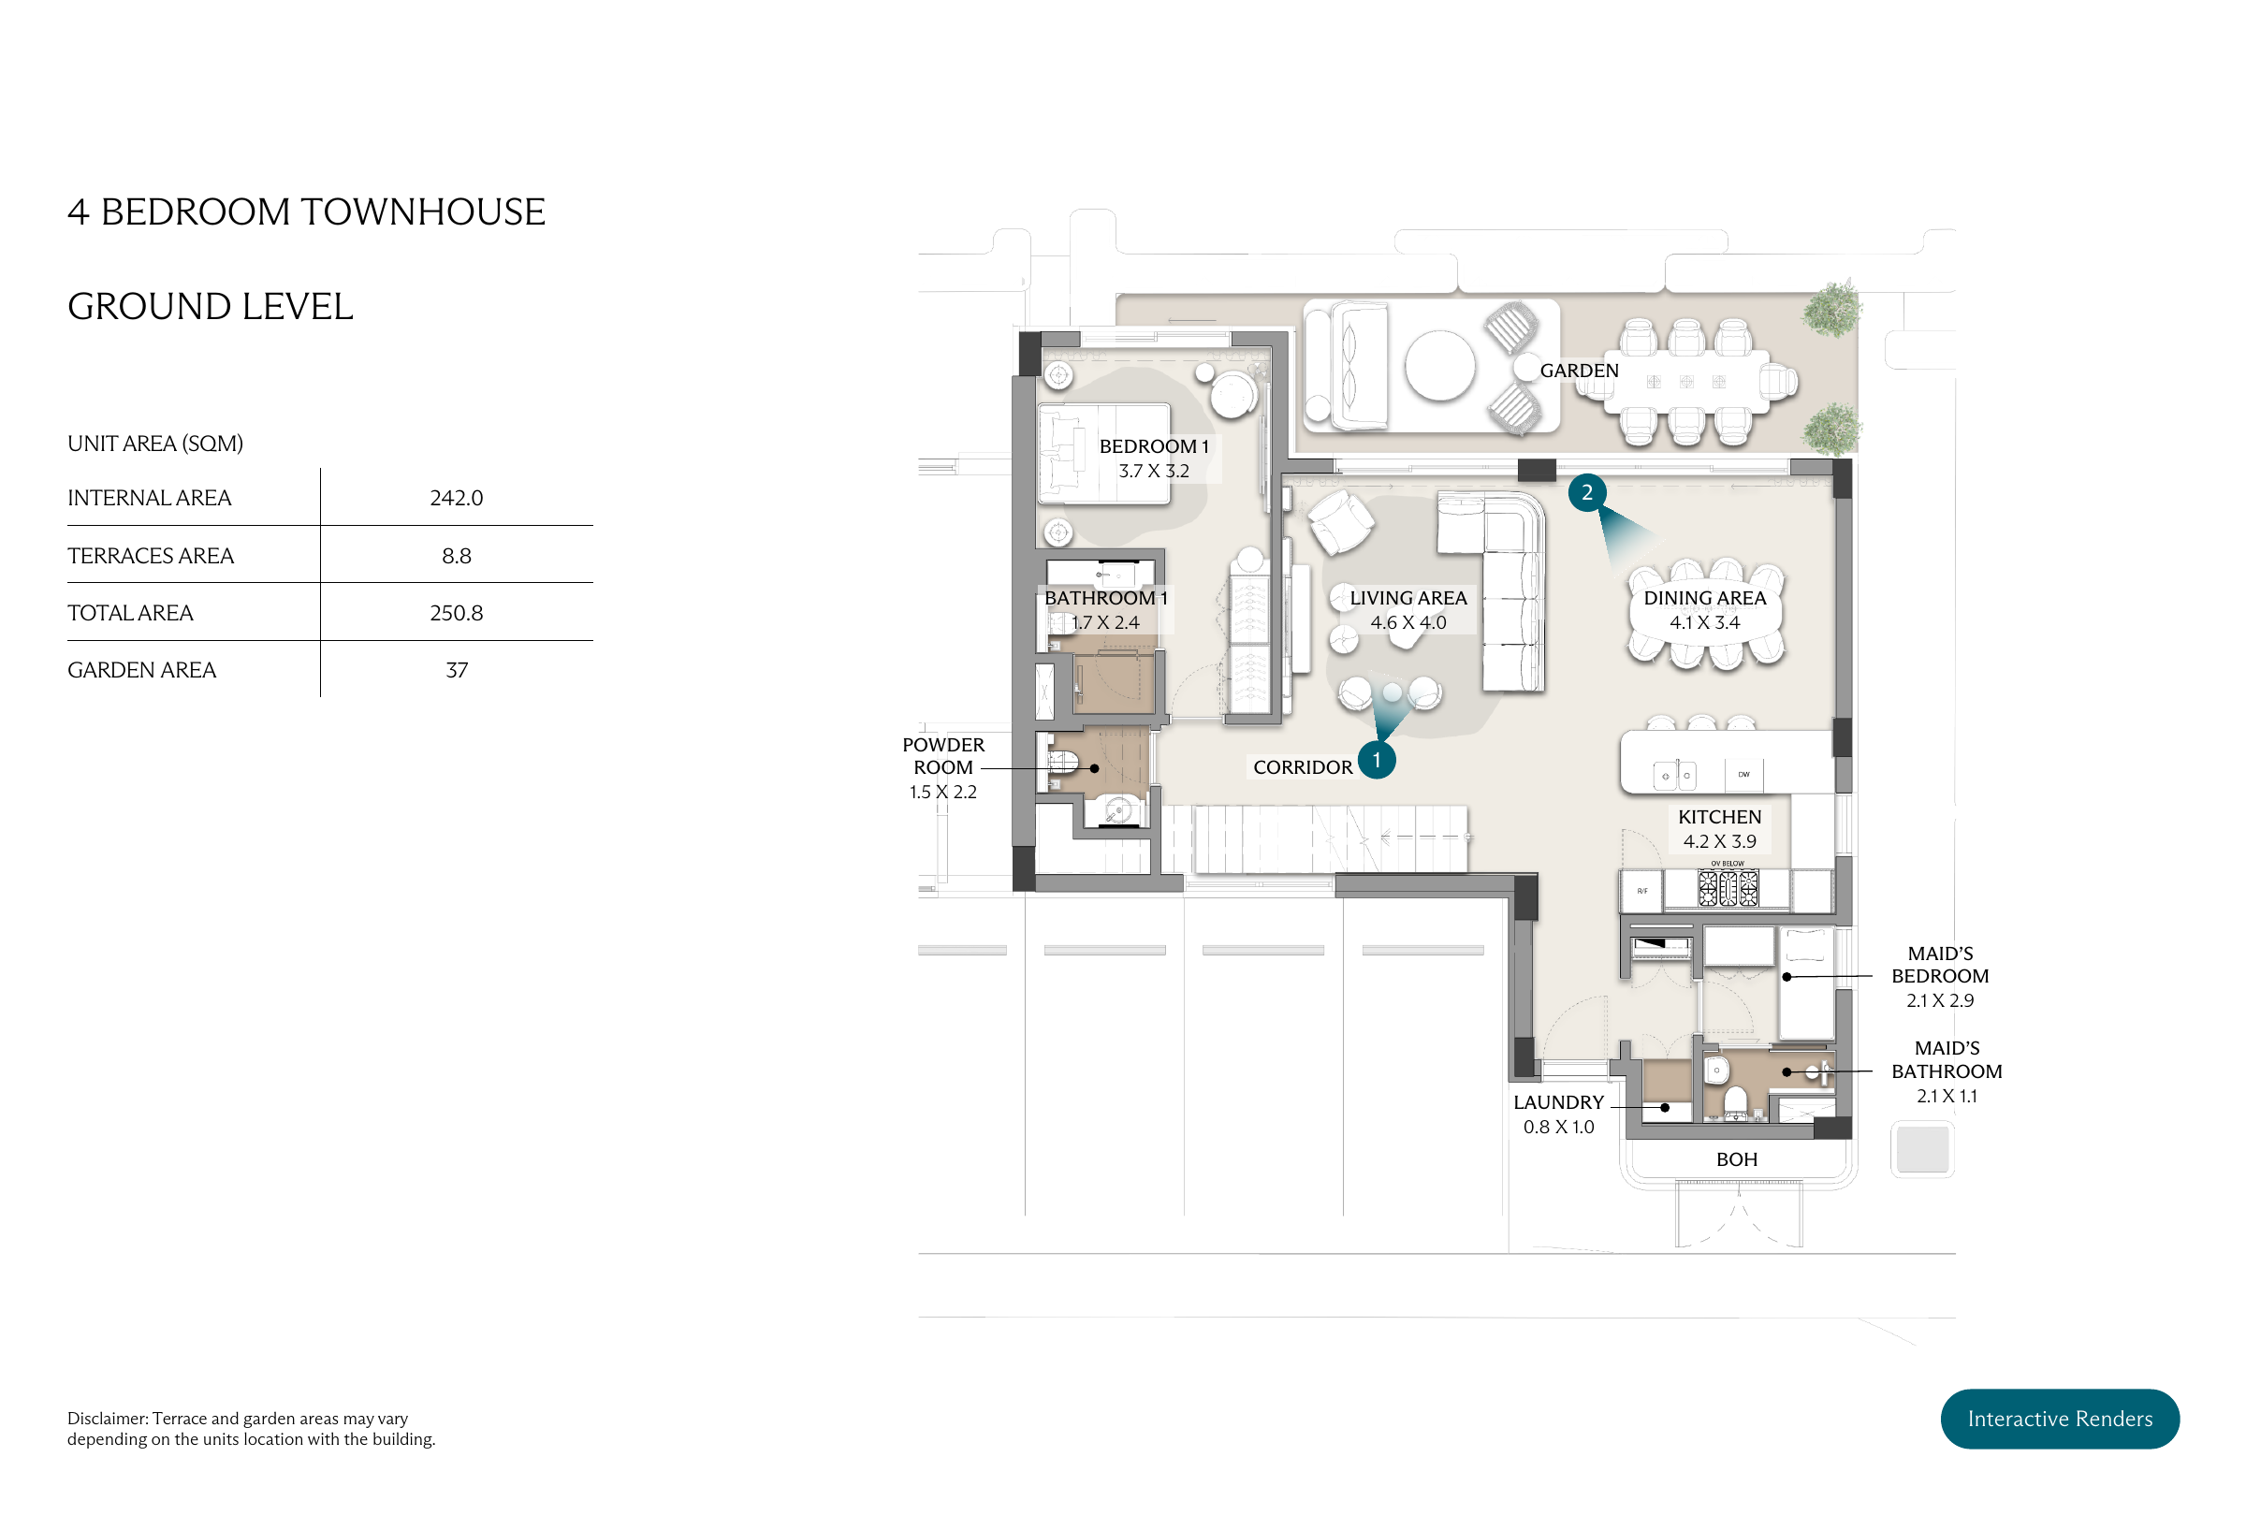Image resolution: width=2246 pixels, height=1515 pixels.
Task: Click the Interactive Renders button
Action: (x=2059, y=1418)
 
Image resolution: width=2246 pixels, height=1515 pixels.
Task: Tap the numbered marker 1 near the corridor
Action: (x=1376, y=760)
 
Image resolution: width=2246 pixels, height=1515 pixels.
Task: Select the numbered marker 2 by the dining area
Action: (x=1586, y=492)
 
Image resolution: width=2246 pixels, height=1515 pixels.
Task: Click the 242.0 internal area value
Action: (x=456, y=498)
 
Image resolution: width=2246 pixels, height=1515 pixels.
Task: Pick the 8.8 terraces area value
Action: (x=456, y=556)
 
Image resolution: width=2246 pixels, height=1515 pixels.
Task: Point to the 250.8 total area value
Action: (x=456, y=613)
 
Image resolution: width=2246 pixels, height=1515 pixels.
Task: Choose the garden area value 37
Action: (x=456, y=670)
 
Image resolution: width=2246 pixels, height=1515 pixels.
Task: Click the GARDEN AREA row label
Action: (x=142, y=670)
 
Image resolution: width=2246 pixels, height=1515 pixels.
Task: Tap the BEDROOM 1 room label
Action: (x=1154, y=446)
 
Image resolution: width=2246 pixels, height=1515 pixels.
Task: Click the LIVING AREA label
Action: (x=1407, y=598)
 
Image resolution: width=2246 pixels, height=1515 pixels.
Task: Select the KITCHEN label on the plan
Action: (x=1719, y=816)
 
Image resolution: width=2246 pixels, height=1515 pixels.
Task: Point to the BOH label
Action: (x=1736, y=1159)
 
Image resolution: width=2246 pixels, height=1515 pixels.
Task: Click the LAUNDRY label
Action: (x=1558, y=1102)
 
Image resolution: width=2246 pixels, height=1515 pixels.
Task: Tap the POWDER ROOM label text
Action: (x=942, y=755)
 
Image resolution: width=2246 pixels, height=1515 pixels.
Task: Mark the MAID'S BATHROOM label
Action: (x=1946, y=1060)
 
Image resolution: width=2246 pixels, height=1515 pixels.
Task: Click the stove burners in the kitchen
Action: (x=1728, y=887)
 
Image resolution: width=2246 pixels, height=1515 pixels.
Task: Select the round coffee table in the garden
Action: (x=1439, y=365)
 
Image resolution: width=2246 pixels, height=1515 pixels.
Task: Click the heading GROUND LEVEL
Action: (x=211, y=306)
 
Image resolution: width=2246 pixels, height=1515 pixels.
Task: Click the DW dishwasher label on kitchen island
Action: (x=1743, y=774)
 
